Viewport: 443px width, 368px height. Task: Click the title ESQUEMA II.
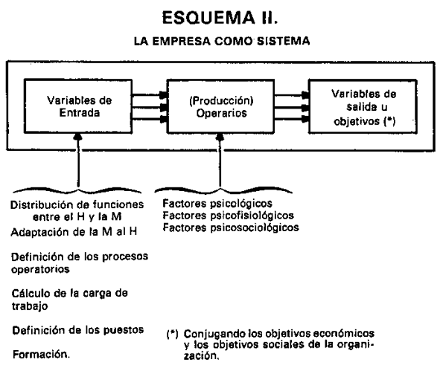click(220, 18)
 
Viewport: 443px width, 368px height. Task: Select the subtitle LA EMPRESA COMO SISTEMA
click(222, 41)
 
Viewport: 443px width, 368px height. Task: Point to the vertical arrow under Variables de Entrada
click(78, 160)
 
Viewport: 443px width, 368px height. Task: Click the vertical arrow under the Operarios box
click(220, 160)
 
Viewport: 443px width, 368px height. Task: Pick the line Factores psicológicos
click(217, 204)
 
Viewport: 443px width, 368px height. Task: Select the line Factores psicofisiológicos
click(229, 216)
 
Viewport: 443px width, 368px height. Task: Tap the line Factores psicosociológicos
click(231, 227)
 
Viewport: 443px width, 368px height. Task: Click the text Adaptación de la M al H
click(74, 232)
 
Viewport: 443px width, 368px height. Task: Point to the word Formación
click(41, 354)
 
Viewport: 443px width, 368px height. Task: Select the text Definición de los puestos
click(78, 330)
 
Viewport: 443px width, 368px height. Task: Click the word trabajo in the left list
click(30, 306)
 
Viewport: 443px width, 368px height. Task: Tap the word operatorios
click(40, 269)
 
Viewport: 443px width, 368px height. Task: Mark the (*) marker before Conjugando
click(172, 334)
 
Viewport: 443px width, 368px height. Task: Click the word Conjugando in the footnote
click(214, 334)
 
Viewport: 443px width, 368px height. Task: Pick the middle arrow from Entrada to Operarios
click(150, 107)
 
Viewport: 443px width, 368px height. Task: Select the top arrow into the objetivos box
click(292, 95)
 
